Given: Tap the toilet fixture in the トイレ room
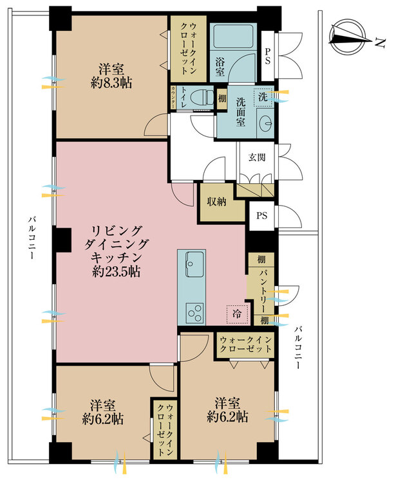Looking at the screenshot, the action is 202,98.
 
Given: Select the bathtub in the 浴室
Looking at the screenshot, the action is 233,37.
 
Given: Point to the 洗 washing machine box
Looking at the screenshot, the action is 263,98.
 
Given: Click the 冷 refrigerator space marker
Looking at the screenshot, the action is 237,314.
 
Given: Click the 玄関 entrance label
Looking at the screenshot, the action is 257,157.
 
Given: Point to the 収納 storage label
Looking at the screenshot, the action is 217,202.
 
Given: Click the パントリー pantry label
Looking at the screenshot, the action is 262,291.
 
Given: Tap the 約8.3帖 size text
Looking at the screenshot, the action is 111,83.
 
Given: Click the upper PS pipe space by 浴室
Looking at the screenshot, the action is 267,56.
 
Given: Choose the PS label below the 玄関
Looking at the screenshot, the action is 262,216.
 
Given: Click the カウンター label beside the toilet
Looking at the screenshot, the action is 173,98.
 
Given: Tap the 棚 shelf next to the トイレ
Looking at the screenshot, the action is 222,99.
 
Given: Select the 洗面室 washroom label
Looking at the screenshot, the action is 241,112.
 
